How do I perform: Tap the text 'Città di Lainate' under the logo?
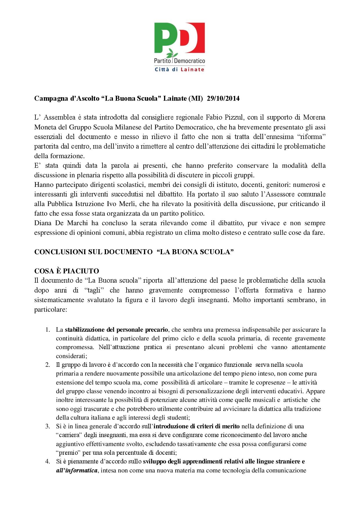[x=179, y=69]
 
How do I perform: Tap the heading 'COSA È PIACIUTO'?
[x=66, y=271]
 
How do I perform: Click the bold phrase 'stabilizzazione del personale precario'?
[x=116, y=330]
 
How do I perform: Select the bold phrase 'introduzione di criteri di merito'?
[x=197, y=426]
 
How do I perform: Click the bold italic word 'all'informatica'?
[x=76, y=470]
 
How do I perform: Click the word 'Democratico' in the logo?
[x=190, y=61]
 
